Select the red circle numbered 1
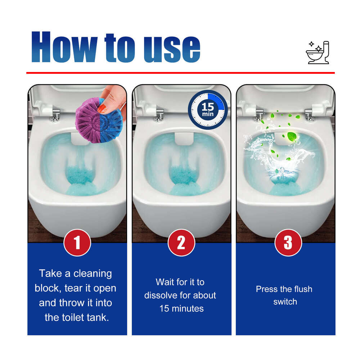click(x=77, y=243)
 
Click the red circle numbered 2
click(x=181, y=243)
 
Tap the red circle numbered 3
click(x=288, y=243)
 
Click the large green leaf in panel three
click(x=292, y=137)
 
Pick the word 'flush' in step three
click(x=302, y=289)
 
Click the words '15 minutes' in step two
click(x=181, y=309)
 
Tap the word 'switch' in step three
click(x=285, y=302)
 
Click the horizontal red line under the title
click(x=180, y=73)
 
